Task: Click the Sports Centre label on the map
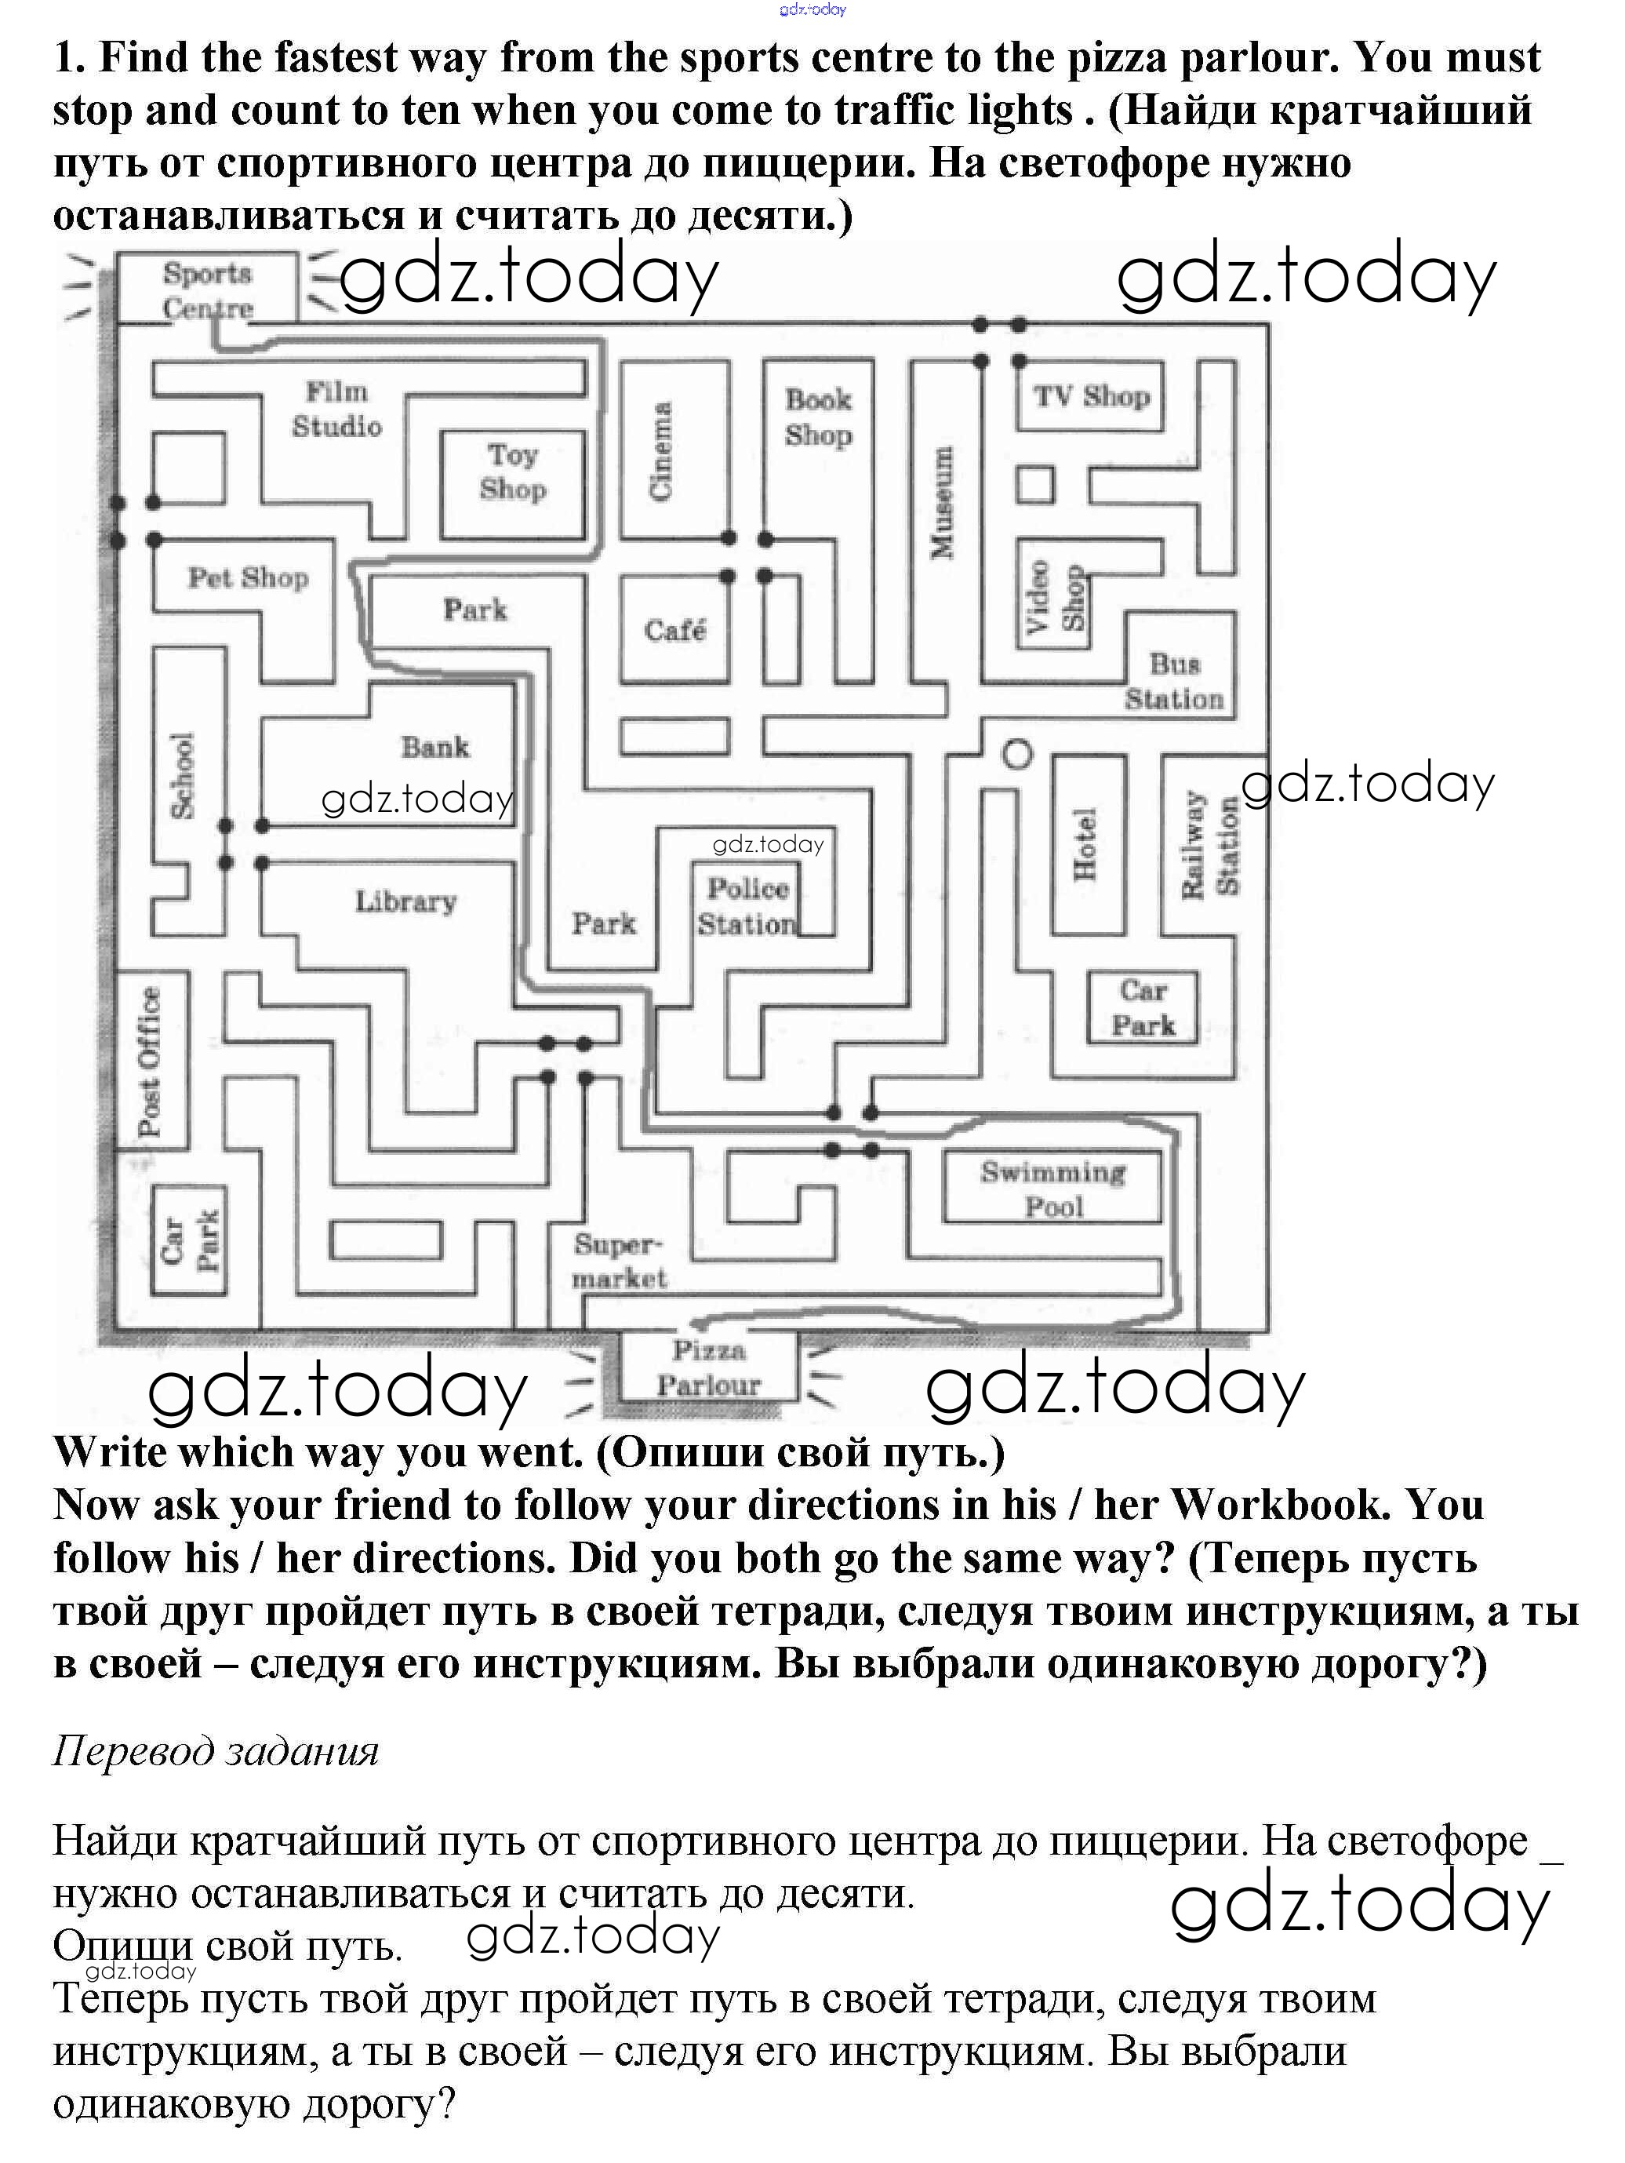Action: click(207, 290)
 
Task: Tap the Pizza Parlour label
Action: click(709, 1368)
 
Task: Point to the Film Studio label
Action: click(336, 409)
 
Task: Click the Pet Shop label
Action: click(249, 578)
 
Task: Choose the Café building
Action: click(674, 630)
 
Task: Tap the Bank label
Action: click(435, 747)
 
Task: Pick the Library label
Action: click(405, 901)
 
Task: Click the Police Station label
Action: click(748, 906)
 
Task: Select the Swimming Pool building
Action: click(1053, 1188)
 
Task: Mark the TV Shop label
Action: click(1091, 396)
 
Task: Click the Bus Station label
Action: click(1174, 682)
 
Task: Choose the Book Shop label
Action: click(818, 417)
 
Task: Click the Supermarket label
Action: click(619, 1262)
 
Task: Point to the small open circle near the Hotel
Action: click(1018, 754)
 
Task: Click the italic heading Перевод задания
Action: click(215, 1750)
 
